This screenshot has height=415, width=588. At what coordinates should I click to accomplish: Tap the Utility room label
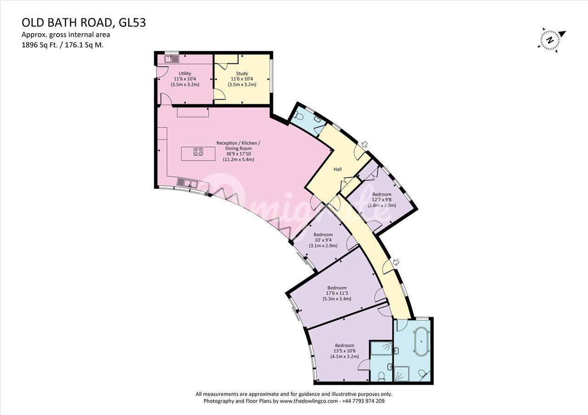[x=185, y=74]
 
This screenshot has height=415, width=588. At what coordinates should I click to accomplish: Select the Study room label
[x=242, y=74]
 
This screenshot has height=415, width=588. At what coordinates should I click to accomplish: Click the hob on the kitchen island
[x=198, y=152]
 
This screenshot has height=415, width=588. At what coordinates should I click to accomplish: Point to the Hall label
[x=338, y=169]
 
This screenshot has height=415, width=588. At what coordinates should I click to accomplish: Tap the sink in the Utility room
[x=172, y=59]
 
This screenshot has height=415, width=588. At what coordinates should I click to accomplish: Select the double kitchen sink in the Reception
[x=187, y=182]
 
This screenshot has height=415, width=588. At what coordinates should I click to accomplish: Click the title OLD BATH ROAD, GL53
[x=84, y=23]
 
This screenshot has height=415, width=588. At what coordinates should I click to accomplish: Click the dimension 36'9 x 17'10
[x=238, y=154]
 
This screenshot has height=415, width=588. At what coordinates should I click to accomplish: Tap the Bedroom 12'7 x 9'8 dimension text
[x=382, y=200]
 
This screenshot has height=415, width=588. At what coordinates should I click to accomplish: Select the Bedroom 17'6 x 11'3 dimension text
[x=337, y=293]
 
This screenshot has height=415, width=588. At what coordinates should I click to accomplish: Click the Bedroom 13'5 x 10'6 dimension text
[x=345, y=351]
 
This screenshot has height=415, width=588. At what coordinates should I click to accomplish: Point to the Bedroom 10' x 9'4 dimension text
[x=323, y=240]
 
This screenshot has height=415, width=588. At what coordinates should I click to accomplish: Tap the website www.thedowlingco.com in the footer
[x=308, y=401]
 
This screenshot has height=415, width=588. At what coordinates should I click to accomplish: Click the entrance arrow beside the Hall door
[x=365, y=144]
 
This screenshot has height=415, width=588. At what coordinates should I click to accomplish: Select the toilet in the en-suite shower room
[x=381, y=375]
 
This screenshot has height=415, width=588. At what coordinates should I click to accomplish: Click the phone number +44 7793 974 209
[x=363, y=401]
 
